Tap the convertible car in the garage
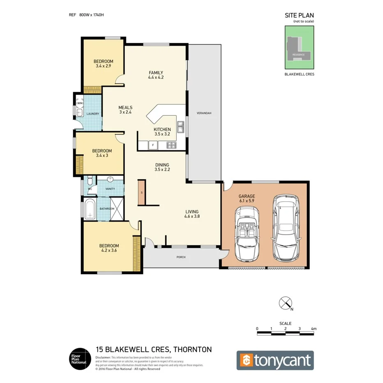tap(247, 235)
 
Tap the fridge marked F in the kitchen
tap(152, 145)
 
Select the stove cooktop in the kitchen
tap(171, 145)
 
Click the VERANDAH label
tap(203, 113)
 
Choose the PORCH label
tap(181, 257)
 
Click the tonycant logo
tap(275, 360)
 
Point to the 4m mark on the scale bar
tap(314, 329)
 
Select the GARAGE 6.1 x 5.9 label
tap(247, 199)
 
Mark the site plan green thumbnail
tap(299, 47)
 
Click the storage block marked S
tap(141, 192)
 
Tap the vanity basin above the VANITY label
tap(110, 180)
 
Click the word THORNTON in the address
tap(193, 350)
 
